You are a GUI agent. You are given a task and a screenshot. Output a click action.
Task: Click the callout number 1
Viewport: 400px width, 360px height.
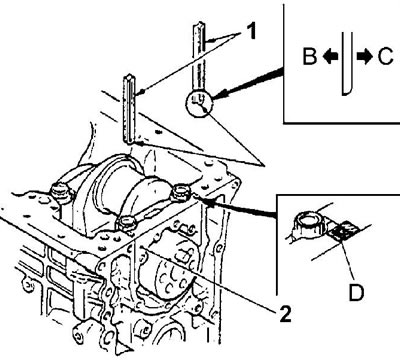[x=251, y=32]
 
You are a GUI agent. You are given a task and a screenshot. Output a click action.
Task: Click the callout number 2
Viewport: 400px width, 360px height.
[x=284, y=313]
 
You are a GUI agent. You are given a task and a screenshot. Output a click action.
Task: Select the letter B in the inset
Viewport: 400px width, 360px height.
[x=309, y=57]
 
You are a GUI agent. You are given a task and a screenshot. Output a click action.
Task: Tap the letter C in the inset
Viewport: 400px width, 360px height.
[x=386, y=57]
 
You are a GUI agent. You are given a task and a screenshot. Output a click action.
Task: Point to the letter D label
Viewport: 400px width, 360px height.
[x=356, y=292]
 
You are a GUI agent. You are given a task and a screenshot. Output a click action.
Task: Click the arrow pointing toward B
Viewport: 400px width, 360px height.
[x=330, y=57]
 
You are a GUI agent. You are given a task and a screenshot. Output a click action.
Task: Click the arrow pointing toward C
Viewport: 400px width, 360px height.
[x=364, y=57]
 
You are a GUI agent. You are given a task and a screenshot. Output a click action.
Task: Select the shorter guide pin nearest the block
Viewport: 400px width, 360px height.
[x=129, y=109]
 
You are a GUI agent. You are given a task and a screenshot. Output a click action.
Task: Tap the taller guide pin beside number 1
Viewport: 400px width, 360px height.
[x=199, y=57]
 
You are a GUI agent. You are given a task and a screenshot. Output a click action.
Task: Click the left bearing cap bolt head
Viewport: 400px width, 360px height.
[x=60, y=193]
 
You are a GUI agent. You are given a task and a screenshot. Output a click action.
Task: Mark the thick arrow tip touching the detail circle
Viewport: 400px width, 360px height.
[x=214, y=98]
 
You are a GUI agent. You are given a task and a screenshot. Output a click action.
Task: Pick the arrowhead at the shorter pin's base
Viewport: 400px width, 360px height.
[x=141, y=144]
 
